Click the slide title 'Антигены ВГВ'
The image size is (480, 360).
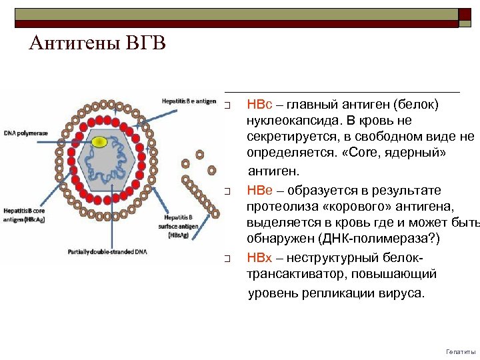[x=97, y=44]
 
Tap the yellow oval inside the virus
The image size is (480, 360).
[x=99, y=141]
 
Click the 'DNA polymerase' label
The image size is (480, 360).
[x=26, y=133]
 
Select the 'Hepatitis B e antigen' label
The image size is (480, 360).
[x=189, y=101]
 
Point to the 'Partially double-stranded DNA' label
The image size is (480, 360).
[x=108, y=252]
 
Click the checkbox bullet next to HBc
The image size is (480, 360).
[x=227, y=106]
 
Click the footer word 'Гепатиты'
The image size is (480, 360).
[x=461, y=351]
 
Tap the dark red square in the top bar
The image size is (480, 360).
[x=465, y=18]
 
